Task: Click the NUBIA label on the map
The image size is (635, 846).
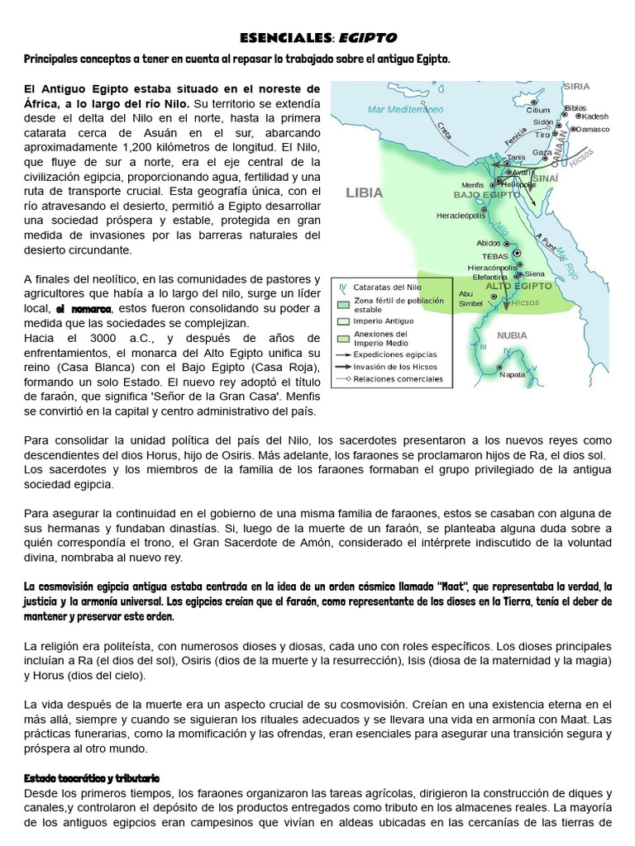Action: click(x=513, y=335)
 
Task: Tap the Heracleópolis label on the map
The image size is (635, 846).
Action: click(x=464, y=216)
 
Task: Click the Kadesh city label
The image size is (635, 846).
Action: click(x=594, y=116)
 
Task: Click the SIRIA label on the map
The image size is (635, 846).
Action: click(x=576, y=86)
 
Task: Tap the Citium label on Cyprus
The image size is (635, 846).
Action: click(x=537, y=110)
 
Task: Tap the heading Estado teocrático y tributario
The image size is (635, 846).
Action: click(x=92, y=778)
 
